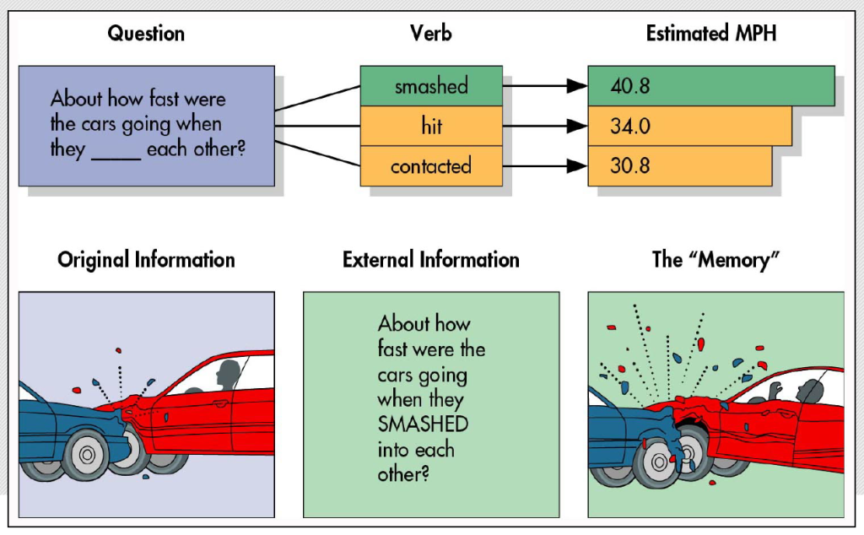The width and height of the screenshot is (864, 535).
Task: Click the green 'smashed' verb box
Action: click(431, 86)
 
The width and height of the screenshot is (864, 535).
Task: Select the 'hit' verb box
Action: click(431, 127)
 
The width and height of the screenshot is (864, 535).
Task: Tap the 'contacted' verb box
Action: click(431, 166)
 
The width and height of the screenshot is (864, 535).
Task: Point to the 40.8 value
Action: click(631, 86)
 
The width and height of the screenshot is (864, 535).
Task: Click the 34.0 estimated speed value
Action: click(631, 127)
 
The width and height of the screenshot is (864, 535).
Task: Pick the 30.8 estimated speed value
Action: click(630, 166)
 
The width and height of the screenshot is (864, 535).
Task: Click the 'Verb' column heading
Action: click(431, 34)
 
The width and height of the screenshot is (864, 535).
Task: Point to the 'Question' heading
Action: click(146, 34)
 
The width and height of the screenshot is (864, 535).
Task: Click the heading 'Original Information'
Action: click(146, 259)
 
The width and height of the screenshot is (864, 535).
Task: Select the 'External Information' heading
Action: click(431, 259)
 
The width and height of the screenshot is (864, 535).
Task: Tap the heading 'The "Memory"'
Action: click(715, 259)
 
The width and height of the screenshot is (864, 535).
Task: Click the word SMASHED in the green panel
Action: click(423, 423)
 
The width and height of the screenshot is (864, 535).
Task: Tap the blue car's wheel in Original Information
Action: click(86, 455)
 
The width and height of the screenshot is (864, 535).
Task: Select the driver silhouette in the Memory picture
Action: click(811, 392)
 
